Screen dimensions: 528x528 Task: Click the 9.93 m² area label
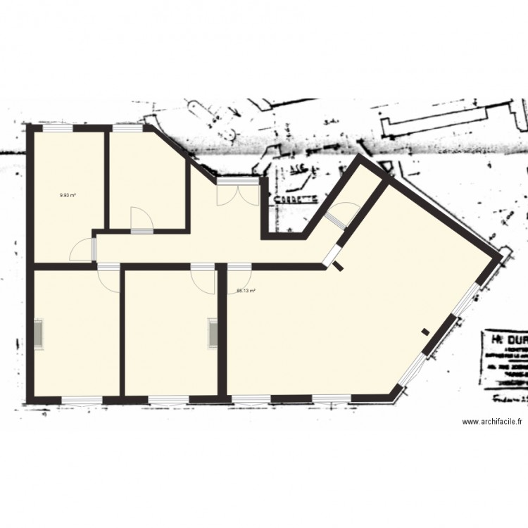68,196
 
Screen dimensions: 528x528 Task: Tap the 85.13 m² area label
246,291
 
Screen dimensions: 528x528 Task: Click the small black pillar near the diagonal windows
425,332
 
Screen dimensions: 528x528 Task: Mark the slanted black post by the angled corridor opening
338,265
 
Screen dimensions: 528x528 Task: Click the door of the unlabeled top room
142,220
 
